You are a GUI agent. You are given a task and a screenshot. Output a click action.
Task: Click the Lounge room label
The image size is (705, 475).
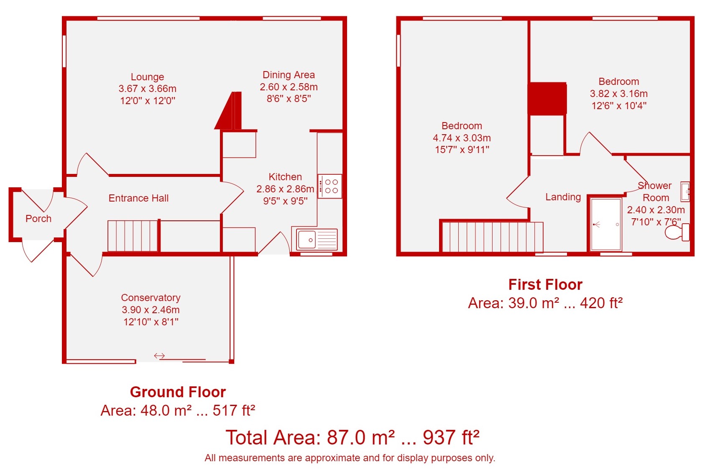tap(147, 77)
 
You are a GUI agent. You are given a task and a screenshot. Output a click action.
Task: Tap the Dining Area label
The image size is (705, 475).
tap(289, 75)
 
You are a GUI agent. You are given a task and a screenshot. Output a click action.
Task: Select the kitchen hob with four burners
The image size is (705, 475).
tap(330, 186)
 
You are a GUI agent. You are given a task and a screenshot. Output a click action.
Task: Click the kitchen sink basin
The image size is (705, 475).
tap(307, 240)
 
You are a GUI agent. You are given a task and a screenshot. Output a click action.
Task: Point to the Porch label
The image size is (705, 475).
tap(38, 218)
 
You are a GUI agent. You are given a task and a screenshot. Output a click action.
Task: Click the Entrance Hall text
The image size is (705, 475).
tap(138, 198)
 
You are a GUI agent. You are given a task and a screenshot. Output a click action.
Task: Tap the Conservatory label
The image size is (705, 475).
tap(151, 297)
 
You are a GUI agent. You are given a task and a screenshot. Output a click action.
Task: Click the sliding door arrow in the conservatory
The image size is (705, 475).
tap(159, 356)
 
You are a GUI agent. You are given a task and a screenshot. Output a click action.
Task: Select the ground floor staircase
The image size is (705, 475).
tap(133, 236)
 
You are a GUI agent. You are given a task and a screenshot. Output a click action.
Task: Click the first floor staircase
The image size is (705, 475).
tap(493, 237)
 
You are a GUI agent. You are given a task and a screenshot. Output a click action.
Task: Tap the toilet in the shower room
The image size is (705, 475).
tap(677, 232)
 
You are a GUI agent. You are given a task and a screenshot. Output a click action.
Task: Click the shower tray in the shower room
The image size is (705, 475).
tap(606, 224)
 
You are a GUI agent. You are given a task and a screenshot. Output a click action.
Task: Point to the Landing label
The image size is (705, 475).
tap(563, 197)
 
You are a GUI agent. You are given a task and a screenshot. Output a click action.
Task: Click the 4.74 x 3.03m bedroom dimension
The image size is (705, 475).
tap(462, 138)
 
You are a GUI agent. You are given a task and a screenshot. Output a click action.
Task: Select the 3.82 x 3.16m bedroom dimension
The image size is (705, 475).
tap(619, 94)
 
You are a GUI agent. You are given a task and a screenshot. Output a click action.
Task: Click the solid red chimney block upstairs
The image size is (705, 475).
tap(547, 99)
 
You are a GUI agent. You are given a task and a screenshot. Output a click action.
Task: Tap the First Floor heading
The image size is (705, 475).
tap(545, 285)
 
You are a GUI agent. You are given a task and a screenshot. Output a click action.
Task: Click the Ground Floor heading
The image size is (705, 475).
tap(178, 392)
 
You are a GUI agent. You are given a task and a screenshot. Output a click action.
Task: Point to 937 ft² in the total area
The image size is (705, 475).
tap(451, 437)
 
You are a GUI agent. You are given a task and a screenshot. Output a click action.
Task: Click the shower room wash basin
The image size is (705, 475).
tap(685, 192)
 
